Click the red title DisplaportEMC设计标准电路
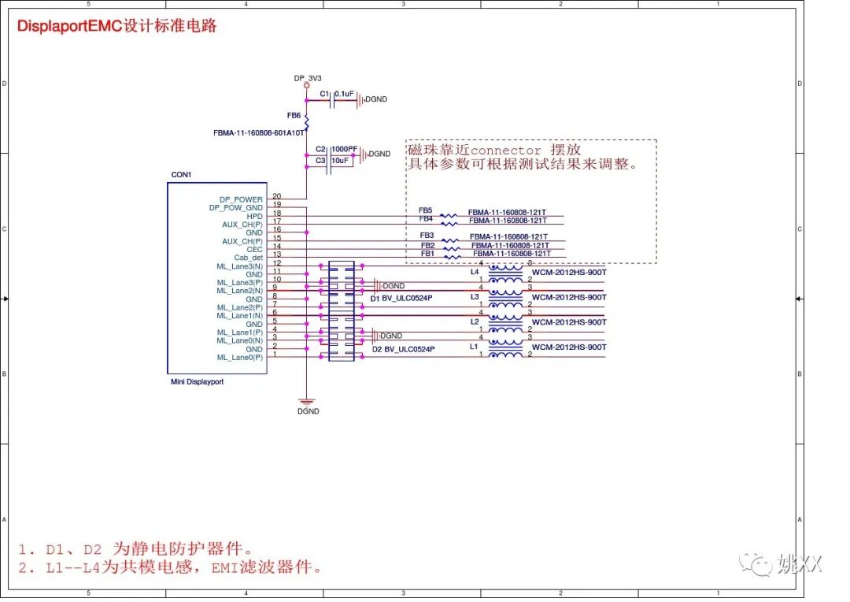pyautogui.click(x=116, y=26)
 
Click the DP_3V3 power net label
pyautogui.click(x=308, y=78)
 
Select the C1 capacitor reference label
pyautogui.click(x=324, y=94)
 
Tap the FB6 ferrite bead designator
pyautogui.click(x=294, y=115)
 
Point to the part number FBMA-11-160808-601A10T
pyautogui.click(x=258, y=133)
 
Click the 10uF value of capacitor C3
pyautogui.click(x=340, y=160)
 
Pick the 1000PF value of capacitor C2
pyautogui.click(x=344, y=149)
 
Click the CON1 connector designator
pyautogui.click(x=181, y=174)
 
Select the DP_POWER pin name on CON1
pyautogui.click(x=242, y=199)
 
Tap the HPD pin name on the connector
pyautogui.click(x=254, y=216)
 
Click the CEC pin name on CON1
pyautogui.click(x=254, y=249)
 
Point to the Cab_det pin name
pyautogui.click(x=248, y=258)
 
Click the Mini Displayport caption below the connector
pyautogui.click(x=197, y=381)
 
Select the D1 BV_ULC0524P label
pyautogui.click(x=402, y=299)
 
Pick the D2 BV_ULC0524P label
pyautogui.click(x=403, y=349)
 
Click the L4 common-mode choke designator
pyautogui.click(x=474, y=272)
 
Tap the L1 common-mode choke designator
pyautogui.click(x=474, y=347)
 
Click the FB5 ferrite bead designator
pyautogui.click(x=425, y=210)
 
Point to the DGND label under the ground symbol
pyautogui.click(x=308, y=411)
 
